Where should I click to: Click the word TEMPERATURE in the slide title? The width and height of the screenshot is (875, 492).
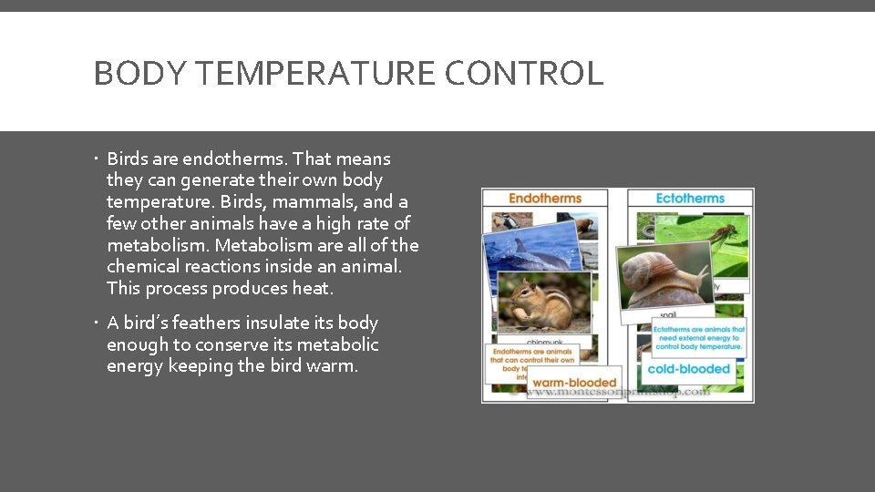[x=302, y=73]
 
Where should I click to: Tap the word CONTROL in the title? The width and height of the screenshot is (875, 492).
[x=524, y=73]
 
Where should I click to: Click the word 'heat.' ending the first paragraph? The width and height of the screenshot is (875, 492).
[x=313, y=289]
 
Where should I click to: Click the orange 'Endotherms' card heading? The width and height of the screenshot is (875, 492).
[x=545, y=199]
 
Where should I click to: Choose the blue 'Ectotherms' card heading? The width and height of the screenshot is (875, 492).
[x=690, y=199]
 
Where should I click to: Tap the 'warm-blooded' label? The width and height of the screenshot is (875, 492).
[x=574, y=383]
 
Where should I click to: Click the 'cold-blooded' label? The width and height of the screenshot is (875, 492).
[x=689, y=369]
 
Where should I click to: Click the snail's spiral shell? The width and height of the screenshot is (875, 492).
[x=650, y=272]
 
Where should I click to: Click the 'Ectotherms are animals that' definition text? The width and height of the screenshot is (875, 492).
[x=698, y=329]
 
